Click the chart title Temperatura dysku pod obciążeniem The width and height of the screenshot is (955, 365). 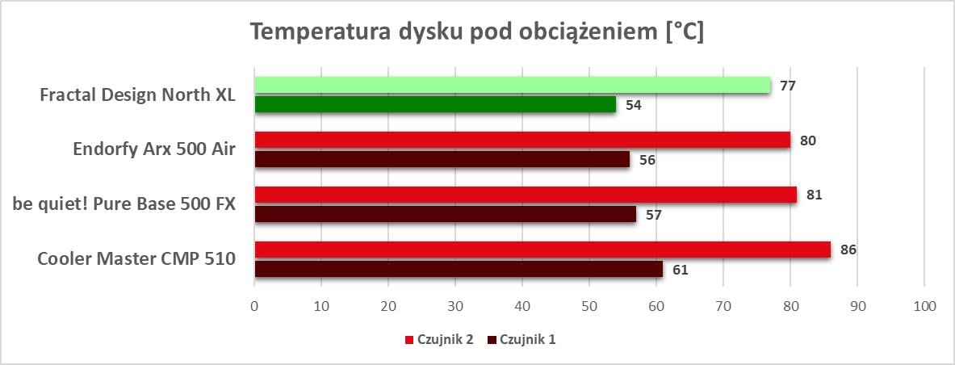476,32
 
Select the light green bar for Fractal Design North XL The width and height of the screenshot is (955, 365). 513,85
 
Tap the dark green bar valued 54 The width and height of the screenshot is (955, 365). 435,104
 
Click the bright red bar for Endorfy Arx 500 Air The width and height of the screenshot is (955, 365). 522,140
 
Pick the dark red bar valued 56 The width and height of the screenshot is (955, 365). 442,160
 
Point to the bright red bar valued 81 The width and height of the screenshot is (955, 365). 526,195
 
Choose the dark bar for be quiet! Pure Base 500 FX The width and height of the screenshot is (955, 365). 445,214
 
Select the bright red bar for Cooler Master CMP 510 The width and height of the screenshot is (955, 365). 542,250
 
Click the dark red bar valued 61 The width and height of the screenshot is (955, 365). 459,269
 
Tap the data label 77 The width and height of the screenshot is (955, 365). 788,85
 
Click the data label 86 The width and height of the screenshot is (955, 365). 848,250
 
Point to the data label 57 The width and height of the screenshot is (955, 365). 653,215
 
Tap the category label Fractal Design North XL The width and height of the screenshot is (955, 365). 137,94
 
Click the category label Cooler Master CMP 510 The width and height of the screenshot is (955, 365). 136,259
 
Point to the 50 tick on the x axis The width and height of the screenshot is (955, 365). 588,306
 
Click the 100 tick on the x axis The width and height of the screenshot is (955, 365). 924,306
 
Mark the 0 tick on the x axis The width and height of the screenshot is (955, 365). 254,306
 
